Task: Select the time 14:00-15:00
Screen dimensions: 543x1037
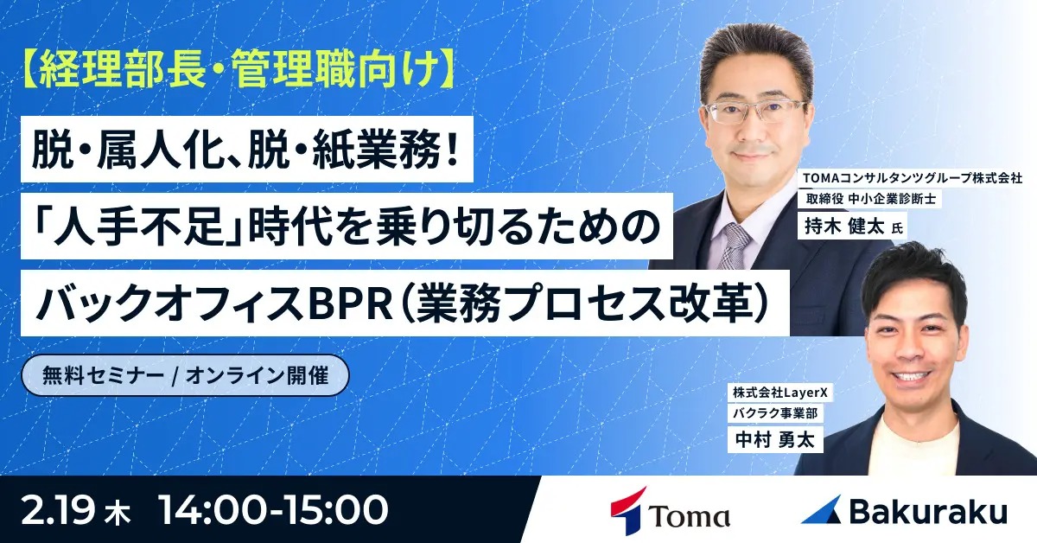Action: tap(273, 510)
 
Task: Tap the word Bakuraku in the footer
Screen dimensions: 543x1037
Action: tap(928, 512)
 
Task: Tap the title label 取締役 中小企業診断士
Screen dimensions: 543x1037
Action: tap(865, 198)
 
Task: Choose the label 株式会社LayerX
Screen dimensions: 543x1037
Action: tap(782, 393)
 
